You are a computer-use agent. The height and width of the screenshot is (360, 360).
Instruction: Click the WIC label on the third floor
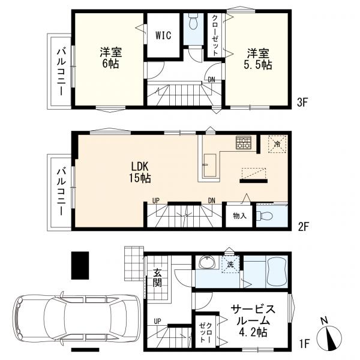(163, 35)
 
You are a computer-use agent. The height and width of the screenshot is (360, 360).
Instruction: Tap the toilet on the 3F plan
(193, 22)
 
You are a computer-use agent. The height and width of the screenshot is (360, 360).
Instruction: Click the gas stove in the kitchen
(244, 143)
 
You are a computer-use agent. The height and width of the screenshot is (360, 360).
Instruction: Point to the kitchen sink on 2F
(210, 165)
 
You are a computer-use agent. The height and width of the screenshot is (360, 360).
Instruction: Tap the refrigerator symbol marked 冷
(277, 144)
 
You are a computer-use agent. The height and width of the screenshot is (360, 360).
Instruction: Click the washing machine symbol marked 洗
(230, 264)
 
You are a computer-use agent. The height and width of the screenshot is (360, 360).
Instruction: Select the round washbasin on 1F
(208, 262)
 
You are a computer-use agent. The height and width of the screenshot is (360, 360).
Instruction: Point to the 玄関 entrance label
(157, 278)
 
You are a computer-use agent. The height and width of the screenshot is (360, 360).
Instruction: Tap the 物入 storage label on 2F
(239, 215)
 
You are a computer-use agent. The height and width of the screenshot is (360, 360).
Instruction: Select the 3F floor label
(302, 103)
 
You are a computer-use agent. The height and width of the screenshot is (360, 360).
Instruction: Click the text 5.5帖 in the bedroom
(257, 65)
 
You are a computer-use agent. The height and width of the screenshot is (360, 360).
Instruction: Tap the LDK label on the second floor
(140, 166)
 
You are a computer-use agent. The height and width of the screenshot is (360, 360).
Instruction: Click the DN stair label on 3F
(211, 79)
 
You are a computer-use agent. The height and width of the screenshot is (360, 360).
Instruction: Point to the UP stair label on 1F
(157, 321)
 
